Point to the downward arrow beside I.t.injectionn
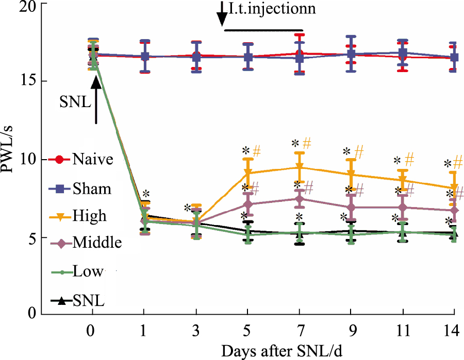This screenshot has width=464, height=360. pyautogui.click(x=222, y=14)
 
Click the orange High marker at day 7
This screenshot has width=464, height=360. pyautogui.click(x=299, y=167)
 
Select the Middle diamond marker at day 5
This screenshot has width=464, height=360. pyautogui.click(x=248, y=204)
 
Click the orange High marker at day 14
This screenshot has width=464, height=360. pyautogui.click(x=454, y=188)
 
